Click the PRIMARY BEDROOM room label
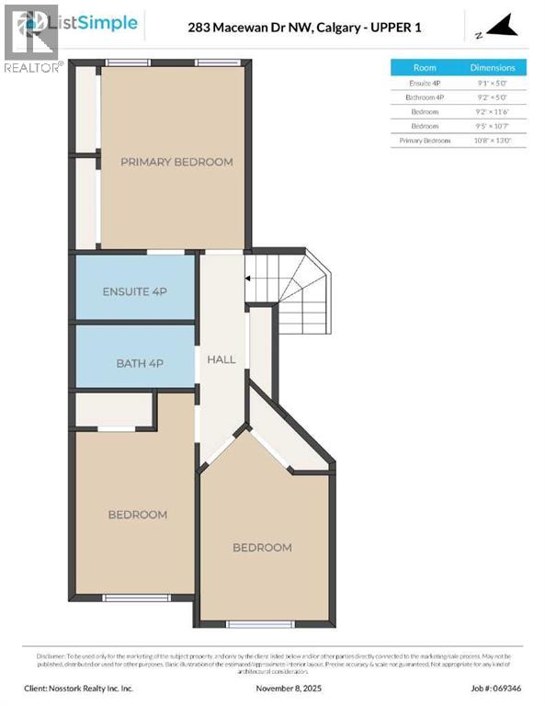click(176, 162)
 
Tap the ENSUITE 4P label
click(134, 291)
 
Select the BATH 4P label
click(139, 363)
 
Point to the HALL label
click(221, 359)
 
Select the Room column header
click(425, 67)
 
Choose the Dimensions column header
click(493, 67)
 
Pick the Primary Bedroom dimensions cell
click(493, 140)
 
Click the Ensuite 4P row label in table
click(425, 82)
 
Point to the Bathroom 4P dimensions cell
click(493, 97)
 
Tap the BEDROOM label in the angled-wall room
click(262, 547)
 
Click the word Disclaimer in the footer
click(52, 655)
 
